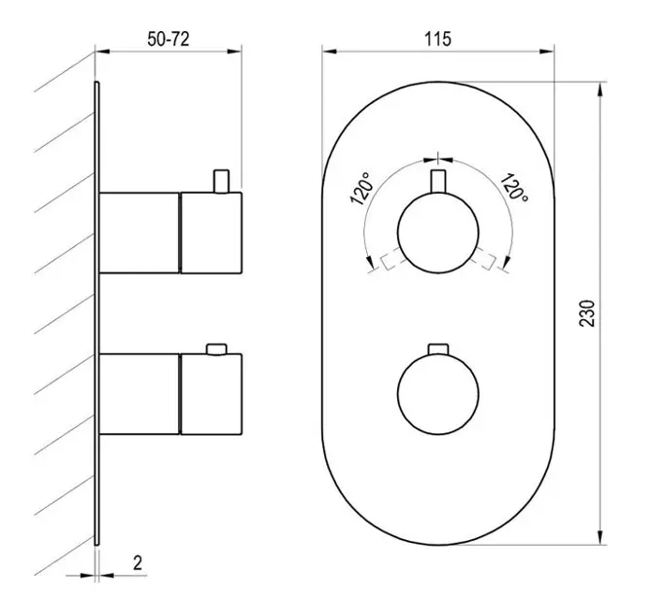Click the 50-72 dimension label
(168, 39)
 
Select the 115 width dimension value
(438, 39)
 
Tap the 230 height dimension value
(587, 313)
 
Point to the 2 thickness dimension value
(137, 563)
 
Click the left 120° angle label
(362, 189)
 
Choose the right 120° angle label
(514, 188)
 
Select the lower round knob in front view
(438, 393)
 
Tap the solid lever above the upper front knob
(438, 182)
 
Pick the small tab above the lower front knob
(438, 349)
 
